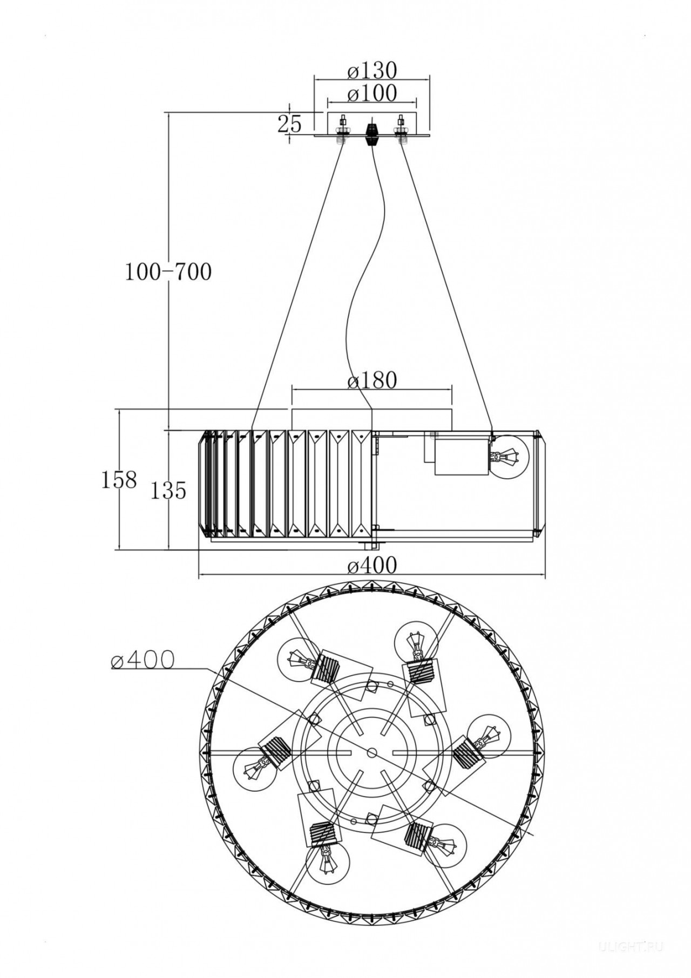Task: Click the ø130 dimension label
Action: pyautogui.click(x=372, y=70)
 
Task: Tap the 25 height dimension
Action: pyautogui.click(x=290, y=124)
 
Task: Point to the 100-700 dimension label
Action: pyautogui.click(x=168, y=272)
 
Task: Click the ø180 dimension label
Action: pyautogui.click(x=372, y=381)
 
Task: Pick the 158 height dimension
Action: pyautogui.click(x=119, y=479)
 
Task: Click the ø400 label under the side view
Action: pyautogui.click(x=372, y=565)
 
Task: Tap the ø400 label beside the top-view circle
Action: pyautogui.click(x=142, y=659)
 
